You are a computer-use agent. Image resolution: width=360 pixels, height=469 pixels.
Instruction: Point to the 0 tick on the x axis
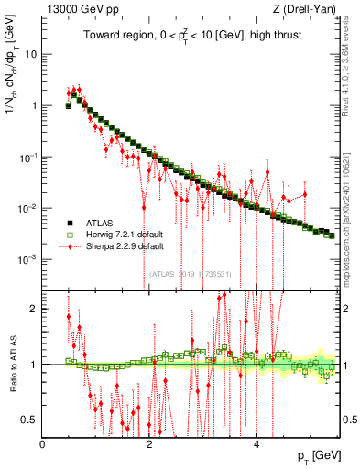point(43,443)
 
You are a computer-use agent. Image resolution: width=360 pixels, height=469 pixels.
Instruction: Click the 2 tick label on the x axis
point(149,443)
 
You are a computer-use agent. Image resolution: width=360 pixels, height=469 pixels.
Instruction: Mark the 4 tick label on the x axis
point(256,443)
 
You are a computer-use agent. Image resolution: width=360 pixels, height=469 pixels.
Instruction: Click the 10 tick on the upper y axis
point(30,53)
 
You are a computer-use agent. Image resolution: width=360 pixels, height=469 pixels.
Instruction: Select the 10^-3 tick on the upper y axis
point(27,259)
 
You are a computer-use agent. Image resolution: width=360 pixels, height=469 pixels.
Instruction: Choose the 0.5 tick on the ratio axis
point(30,420)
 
